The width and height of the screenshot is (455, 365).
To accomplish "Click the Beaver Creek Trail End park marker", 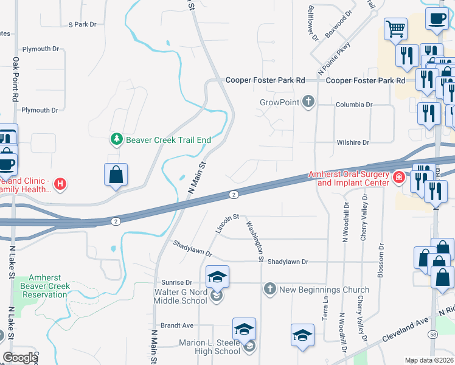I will [x=117, y=140].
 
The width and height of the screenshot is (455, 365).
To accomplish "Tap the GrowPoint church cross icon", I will [x=309, y=102].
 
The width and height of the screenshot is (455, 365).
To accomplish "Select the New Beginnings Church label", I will [x=324, y=290].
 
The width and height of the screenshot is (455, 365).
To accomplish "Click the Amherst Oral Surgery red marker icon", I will [x=399, y=177].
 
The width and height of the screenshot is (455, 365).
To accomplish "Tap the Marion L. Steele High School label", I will [x=209, y=347].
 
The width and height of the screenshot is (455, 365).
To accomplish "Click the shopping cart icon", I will [x=395, y=29].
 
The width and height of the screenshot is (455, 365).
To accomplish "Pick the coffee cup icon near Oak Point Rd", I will [x=6, y=162].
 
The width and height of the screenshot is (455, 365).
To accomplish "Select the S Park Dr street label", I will [x=83, y=24].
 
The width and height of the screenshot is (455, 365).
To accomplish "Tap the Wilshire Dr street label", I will [x=353, y=142].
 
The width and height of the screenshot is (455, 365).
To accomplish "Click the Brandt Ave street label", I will [x=176, y=325].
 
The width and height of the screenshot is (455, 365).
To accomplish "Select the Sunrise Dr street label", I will [x=176, y=283].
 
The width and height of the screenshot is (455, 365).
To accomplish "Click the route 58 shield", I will [x=432, y=335].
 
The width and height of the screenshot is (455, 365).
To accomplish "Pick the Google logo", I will [x=20, y=358].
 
